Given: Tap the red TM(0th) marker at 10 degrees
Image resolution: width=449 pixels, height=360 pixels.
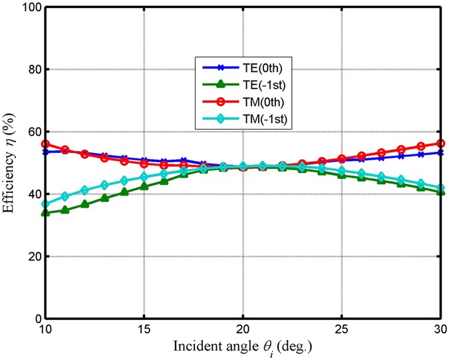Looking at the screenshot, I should click(x=46, y=144).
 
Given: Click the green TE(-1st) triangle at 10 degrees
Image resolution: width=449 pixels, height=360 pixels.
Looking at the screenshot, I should click(x=46, y=213).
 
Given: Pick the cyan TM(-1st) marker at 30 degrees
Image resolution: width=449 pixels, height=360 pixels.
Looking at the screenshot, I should click(x=440, y=188).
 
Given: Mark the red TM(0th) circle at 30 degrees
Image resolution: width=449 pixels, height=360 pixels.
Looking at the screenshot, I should click(x=440, y=143).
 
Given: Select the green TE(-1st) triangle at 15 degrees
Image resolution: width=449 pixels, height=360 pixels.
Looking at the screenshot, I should click(x=144, y=186).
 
